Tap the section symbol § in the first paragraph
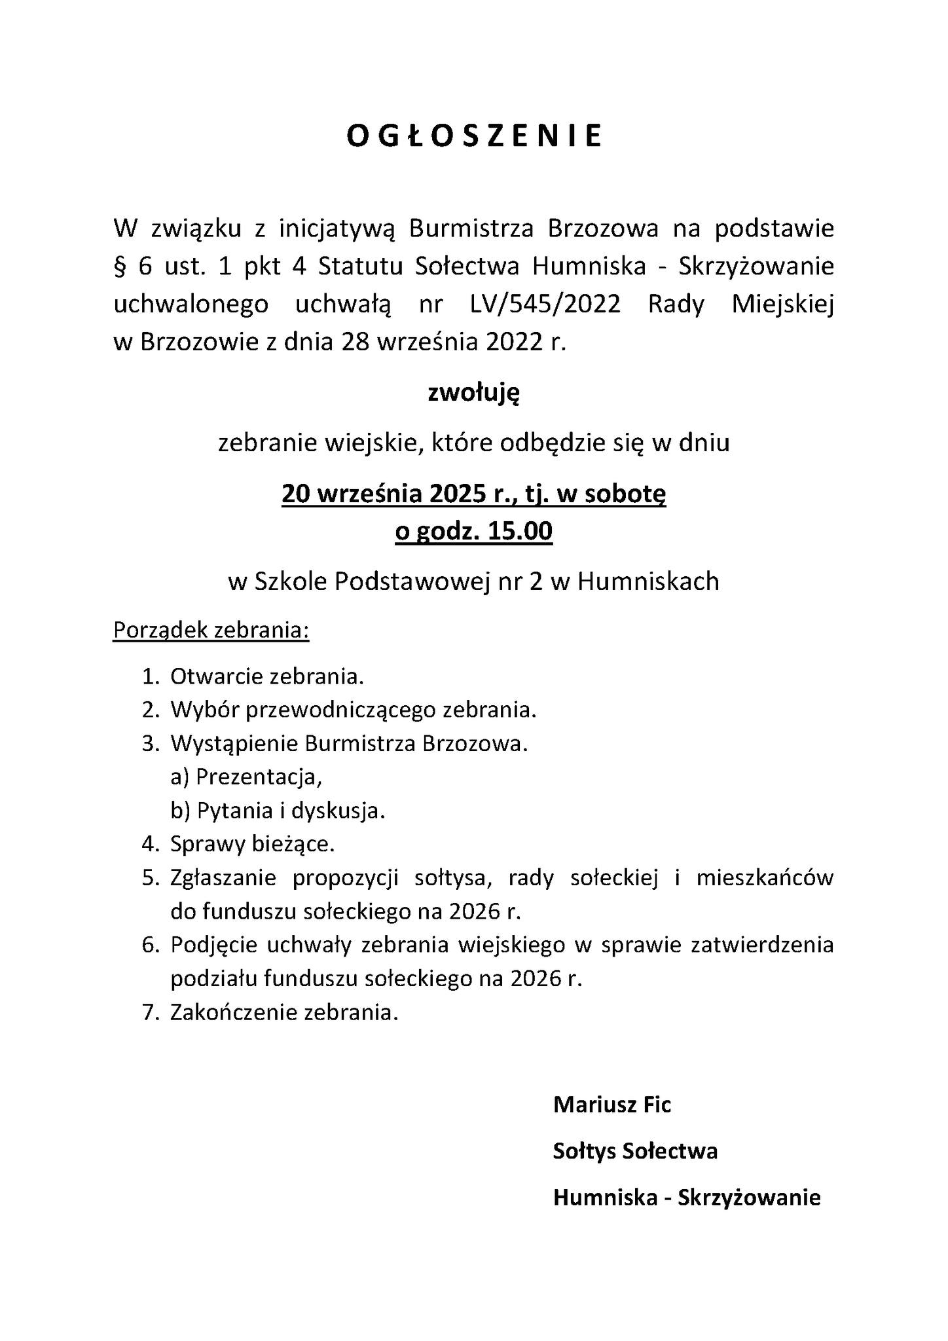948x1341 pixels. [x=119, y=267]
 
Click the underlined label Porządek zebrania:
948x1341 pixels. [x=211, y=630]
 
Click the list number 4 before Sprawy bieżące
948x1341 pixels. [x=149, y=845]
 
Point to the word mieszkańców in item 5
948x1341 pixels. [x=765, y=877]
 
